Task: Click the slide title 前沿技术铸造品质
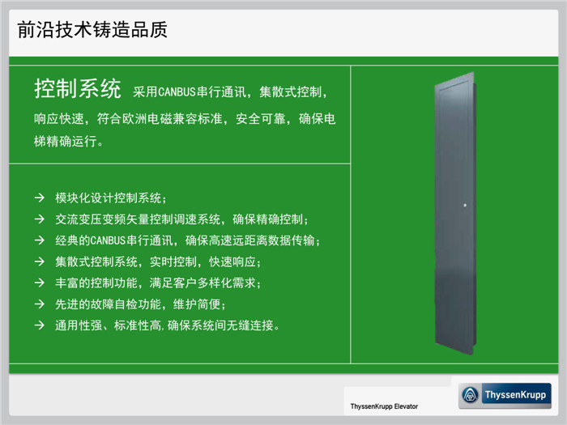click(92, 30)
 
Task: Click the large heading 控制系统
click(78, 88)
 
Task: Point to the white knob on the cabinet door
click(465, 206)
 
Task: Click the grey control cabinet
click(455, 213)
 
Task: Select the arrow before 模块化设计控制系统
click(40, 198)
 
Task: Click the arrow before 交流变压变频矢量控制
click(40, 219)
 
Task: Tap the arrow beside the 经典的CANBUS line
click(40, 240)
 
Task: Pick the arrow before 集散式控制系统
click(40, 261)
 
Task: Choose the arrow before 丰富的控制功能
click(40, 283)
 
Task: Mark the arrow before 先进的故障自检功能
click(40, 304)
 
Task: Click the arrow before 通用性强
click(40, 325)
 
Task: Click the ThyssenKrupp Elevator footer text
click(384, 406)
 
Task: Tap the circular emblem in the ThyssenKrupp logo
click(470, 395)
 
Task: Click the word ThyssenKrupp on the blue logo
click(515, 395)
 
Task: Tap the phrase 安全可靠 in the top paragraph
click(260, 118)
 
